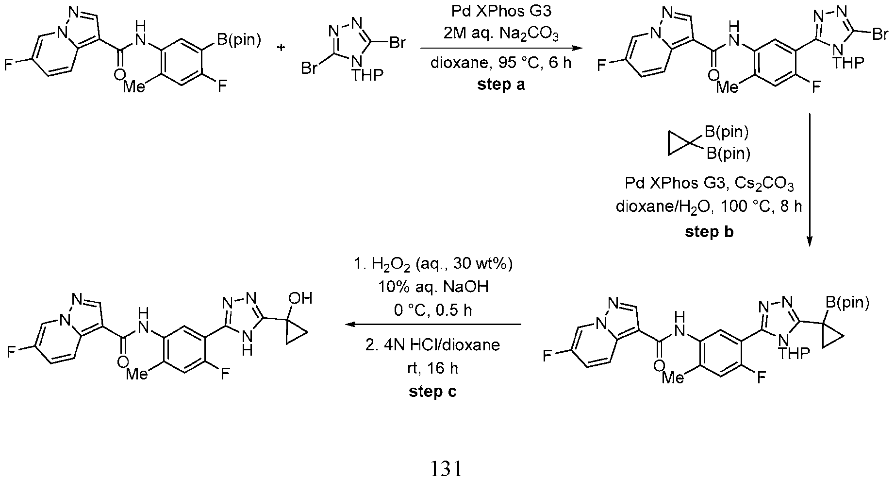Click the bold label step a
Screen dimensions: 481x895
[501, 85]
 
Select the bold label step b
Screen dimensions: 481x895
[709, 232]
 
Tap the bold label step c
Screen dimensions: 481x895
[432, 392]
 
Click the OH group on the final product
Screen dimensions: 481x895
[300, 297]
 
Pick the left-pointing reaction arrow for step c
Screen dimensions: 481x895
[432, 324]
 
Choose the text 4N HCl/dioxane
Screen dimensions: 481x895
[432, 345]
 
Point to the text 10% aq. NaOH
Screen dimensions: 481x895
[432, 287]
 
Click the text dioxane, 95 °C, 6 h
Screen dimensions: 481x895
[501, 63]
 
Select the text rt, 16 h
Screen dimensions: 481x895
[432, 368]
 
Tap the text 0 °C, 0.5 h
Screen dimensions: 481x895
[432, 309]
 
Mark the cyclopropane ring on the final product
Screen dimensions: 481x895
[295, 333]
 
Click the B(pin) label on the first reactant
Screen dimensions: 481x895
[238, 40]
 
